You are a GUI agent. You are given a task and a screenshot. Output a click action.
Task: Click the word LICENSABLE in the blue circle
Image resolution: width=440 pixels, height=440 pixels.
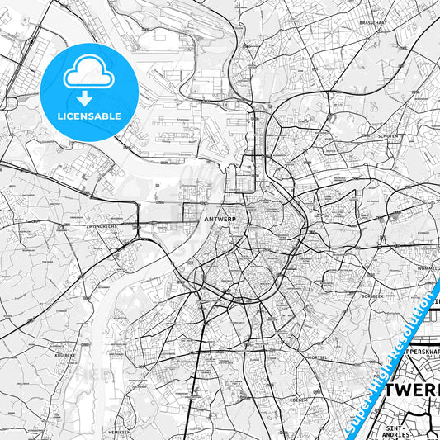(89, 116)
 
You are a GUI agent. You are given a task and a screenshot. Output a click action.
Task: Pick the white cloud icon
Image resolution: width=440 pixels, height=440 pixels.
(88, 75)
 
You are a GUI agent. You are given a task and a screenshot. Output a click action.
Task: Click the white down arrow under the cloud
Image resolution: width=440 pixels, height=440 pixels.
(88, 98)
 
